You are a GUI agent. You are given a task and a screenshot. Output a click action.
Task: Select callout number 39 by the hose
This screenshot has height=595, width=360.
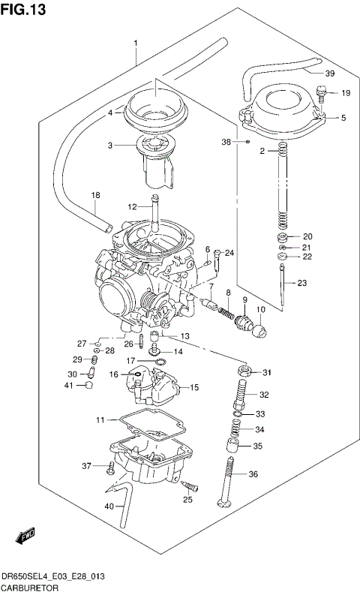(329, 73)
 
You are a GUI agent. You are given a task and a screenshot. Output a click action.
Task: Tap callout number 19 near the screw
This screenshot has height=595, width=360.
(346, 93)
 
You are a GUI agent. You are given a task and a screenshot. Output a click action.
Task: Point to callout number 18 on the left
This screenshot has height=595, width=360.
(95, 196)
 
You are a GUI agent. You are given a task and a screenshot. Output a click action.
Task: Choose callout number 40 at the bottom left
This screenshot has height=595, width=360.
(109, 506)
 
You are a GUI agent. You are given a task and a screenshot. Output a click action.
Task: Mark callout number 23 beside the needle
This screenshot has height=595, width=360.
(301, 283)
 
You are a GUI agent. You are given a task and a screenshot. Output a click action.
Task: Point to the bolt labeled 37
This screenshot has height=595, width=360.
(111, 467)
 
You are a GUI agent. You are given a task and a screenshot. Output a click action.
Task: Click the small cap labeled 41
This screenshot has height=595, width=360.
(88, 386)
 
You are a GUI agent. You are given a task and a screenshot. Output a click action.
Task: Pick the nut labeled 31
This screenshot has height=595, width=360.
(243, 371)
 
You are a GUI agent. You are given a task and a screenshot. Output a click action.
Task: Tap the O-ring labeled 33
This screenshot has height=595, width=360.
(238, 413)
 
